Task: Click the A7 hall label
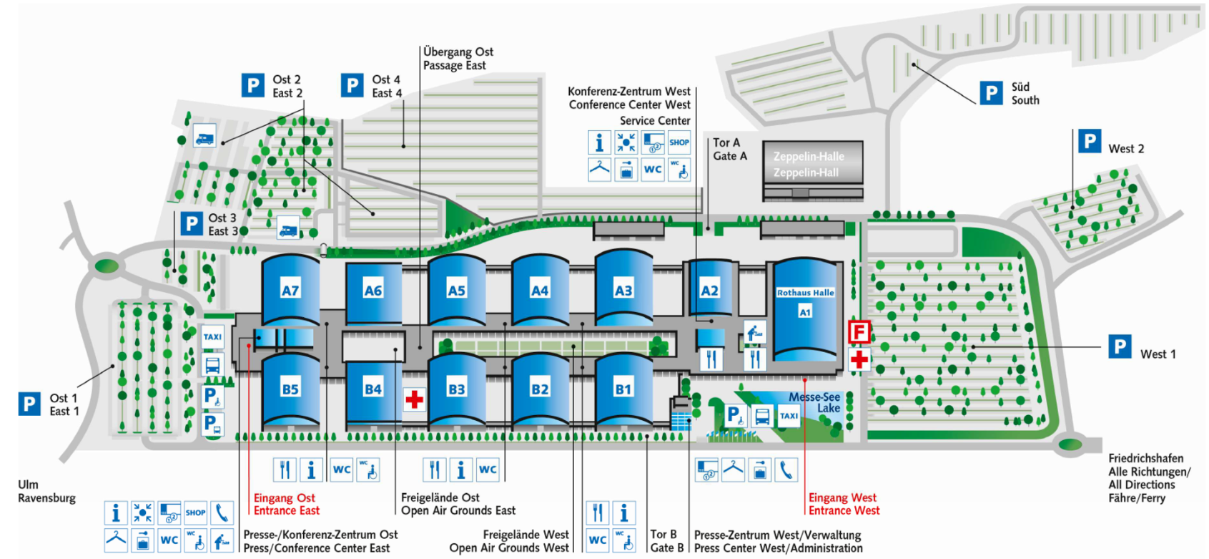[x=290, y=291]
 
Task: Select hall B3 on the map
[x=456, y=389]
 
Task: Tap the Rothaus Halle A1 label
[x=805, y=301]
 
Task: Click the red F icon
[x=859, y=332]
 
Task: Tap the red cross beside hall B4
[x=414, y=399]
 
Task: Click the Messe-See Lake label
[x=815, y=402]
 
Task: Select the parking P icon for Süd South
[x=991, y=93]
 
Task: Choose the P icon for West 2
[x=1089, y=141]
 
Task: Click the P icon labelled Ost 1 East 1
[x=29, y=404]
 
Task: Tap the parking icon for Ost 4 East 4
[x=352, y=85]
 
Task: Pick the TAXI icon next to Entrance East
[x=212, y=336]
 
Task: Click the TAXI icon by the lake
[x=789, y=416]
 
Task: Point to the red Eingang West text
[x=842, y=497]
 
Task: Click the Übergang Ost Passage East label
[x=458, y=59]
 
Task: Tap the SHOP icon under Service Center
[x=678, y=142]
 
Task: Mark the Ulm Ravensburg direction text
[x=46, y=491]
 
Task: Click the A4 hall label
[x=540, y=291]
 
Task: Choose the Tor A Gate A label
[x=729, y=150]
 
